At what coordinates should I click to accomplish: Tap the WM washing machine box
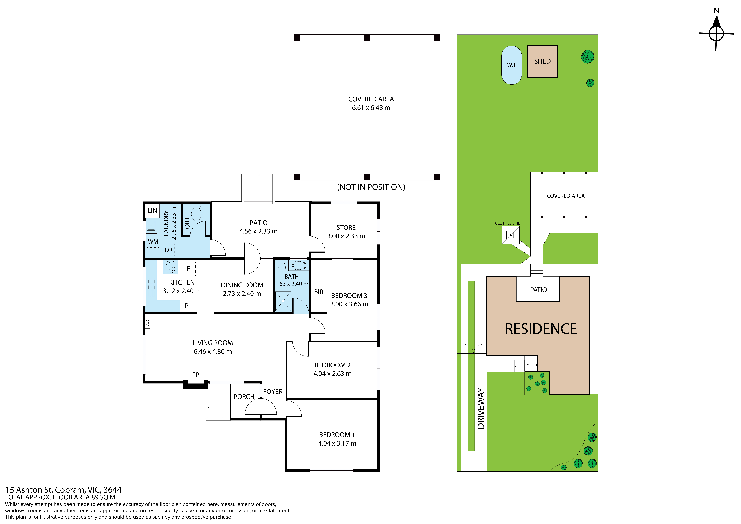pos(153,241)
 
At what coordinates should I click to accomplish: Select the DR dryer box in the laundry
pos(168,250)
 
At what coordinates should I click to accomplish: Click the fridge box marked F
pos(188,269)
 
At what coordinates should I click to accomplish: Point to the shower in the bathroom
pos(283,301)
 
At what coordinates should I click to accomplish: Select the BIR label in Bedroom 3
pos(319,292)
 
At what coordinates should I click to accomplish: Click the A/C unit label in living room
pos(147,322)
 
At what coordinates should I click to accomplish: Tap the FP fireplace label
pos(196,375)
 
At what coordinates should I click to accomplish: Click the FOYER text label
pos(273,392)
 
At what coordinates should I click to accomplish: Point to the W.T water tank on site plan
pos(511,65)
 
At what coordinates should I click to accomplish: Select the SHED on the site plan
pos(543,61)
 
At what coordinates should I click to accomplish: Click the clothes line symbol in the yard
pos(511,235)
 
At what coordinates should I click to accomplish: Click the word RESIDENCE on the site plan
pos(541,329)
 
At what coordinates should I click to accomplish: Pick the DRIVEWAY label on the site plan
pos(481,408)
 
